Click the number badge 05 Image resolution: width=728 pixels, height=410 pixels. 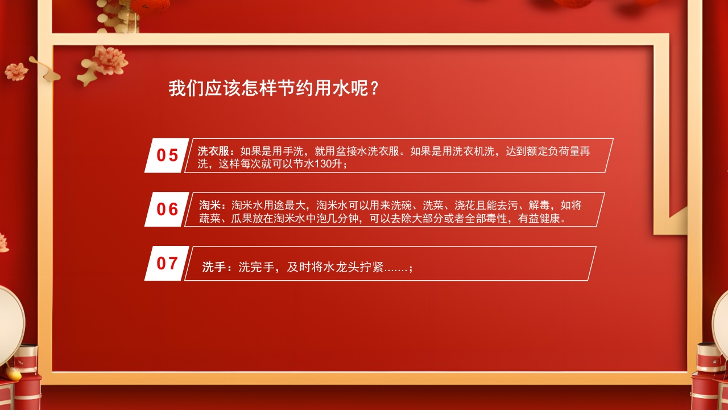(167, 155)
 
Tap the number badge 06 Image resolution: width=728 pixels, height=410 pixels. (167, 210)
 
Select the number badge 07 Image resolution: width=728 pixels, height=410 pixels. (167, 264)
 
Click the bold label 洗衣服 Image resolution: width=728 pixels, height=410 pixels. (213, 151)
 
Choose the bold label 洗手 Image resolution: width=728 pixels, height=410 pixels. (214, 268)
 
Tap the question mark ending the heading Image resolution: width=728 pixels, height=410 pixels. (374, 89)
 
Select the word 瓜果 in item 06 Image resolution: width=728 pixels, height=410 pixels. (241, 219)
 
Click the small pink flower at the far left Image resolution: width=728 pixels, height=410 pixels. (16, 71)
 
